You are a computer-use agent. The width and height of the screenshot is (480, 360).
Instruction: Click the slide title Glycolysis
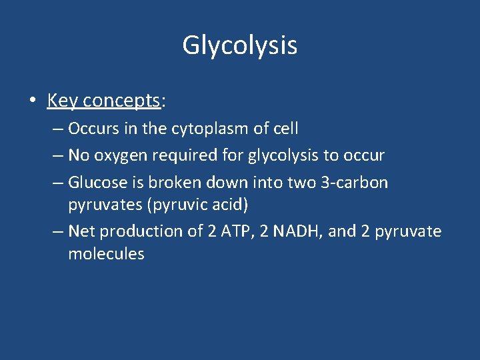[x=239, y=46]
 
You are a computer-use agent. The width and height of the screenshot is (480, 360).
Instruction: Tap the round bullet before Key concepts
[x=32, y=101]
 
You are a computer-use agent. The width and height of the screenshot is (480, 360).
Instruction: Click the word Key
[x=63, y=101]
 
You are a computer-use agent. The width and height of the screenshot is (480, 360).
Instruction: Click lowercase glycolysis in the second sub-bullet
[x=285, y=156]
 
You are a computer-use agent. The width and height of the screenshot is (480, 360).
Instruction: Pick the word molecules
[x=106, y=254]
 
